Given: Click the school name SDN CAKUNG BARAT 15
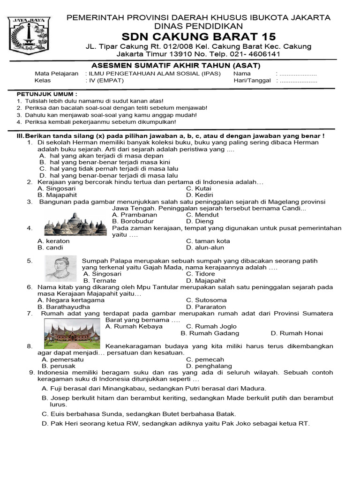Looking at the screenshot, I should click(x=198, y=37).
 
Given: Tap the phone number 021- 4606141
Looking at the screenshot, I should click(x=255, y=54).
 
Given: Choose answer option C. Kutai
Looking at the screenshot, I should click(x=199, y=188).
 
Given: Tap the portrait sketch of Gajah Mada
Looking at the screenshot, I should click(x=61, y=269).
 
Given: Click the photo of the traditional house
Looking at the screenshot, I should click(x=72, y=334).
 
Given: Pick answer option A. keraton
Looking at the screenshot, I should click(x=53, y=241).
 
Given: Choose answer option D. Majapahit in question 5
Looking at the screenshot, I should click(x=206, y=281).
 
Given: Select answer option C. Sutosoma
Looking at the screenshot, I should click(x=206, y=300).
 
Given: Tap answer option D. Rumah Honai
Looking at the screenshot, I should click(x=297, y=333).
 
